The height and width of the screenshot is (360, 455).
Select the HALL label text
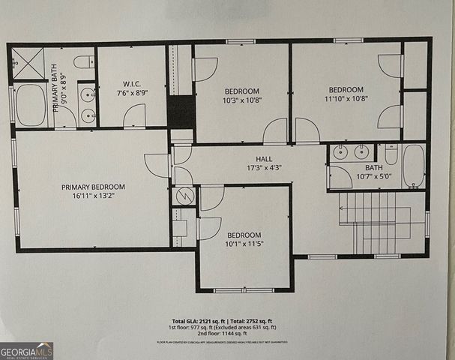pos(263,159)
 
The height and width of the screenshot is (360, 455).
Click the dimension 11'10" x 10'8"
pos(346,97)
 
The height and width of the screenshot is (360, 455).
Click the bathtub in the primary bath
pos(30,104)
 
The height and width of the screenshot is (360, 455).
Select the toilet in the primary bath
pos(84,61)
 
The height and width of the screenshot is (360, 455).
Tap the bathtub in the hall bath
pos(413,165)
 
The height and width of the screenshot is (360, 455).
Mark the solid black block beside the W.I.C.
pos(181,112)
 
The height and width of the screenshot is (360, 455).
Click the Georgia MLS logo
pos(26,350)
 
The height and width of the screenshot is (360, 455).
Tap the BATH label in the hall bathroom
pos(373,168)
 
